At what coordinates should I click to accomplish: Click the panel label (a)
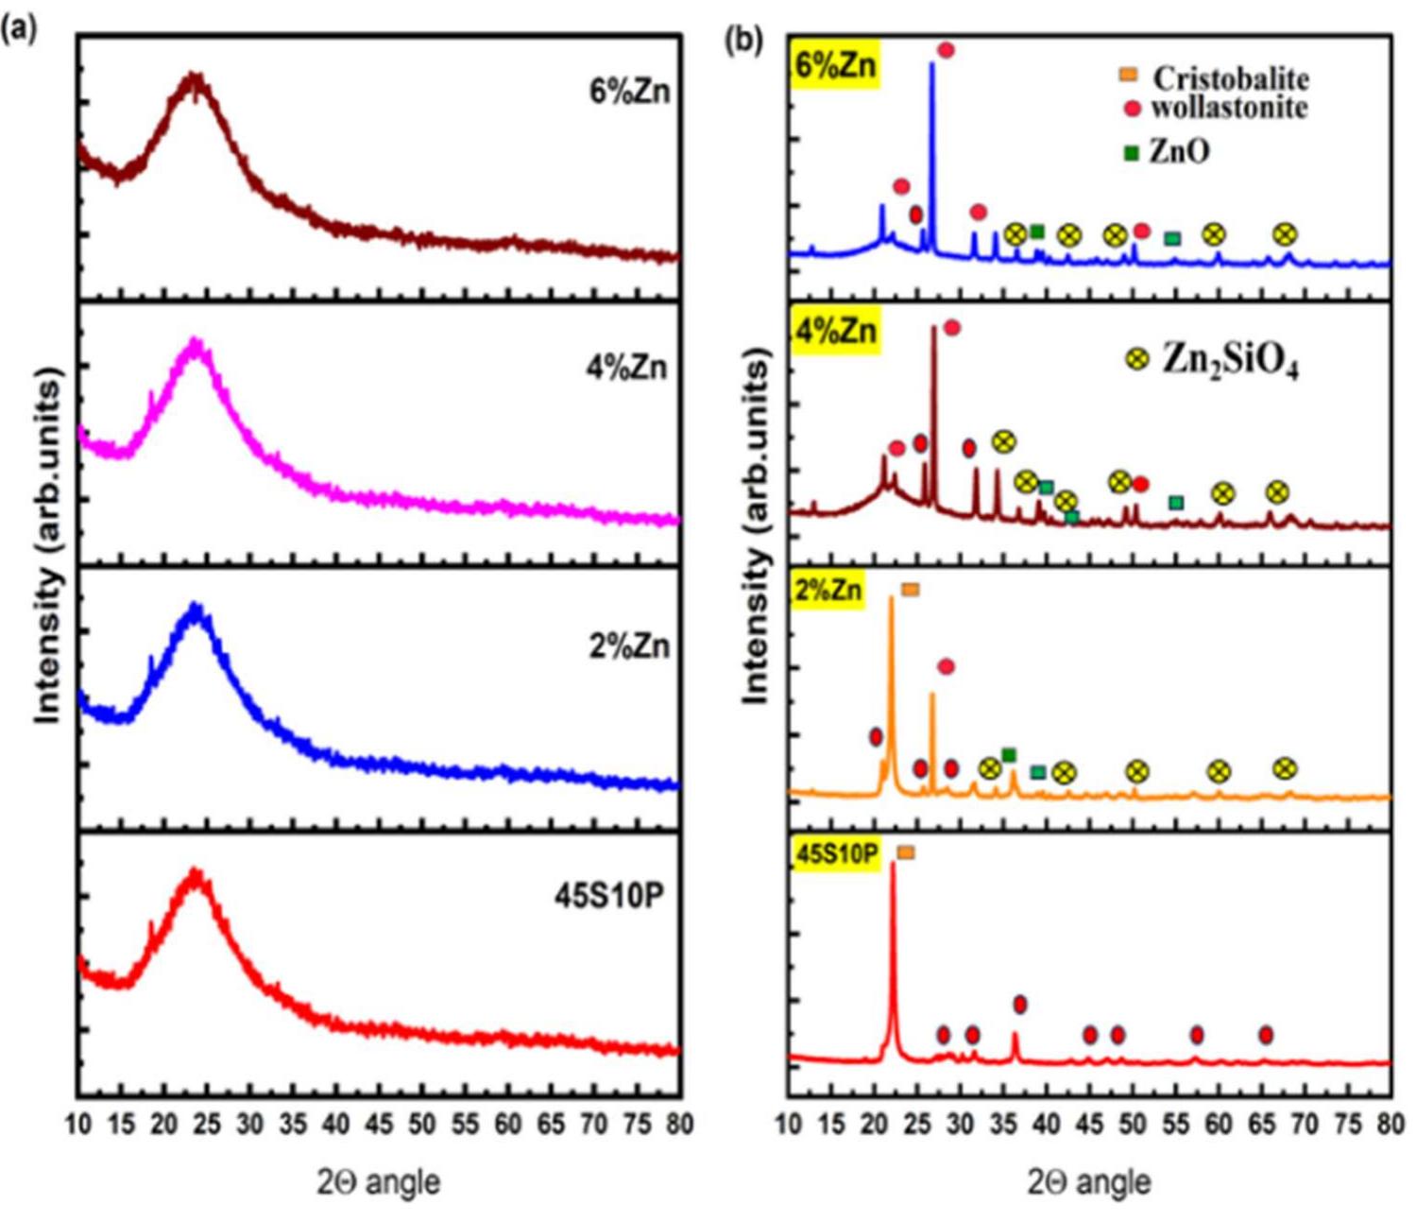click(19, 30)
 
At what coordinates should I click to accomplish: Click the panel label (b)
click(742, 40)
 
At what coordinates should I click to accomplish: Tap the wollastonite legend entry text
click(1228, 108)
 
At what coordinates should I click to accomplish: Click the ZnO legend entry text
click(1178, 151)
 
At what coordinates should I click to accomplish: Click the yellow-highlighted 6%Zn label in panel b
click(836, 65)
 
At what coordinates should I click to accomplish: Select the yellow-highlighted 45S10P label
click(837, 854)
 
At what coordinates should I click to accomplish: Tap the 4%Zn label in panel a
click(626, 367)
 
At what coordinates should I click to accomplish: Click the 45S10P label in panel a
click(608, 895)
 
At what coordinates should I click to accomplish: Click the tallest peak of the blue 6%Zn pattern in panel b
click(932, 64)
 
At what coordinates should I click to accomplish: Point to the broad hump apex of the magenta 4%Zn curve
click(196, 342)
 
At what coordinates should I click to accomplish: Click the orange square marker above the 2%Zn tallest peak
click(910, 590)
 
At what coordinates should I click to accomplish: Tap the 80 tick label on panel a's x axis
click(678, 1125)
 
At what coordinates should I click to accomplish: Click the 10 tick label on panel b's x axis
click(788, 1125)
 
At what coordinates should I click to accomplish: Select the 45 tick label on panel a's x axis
click(379, 1125)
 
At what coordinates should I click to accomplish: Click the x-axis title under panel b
click(1088, 1181)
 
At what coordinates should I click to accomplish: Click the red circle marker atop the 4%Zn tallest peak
click(951, 328)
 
